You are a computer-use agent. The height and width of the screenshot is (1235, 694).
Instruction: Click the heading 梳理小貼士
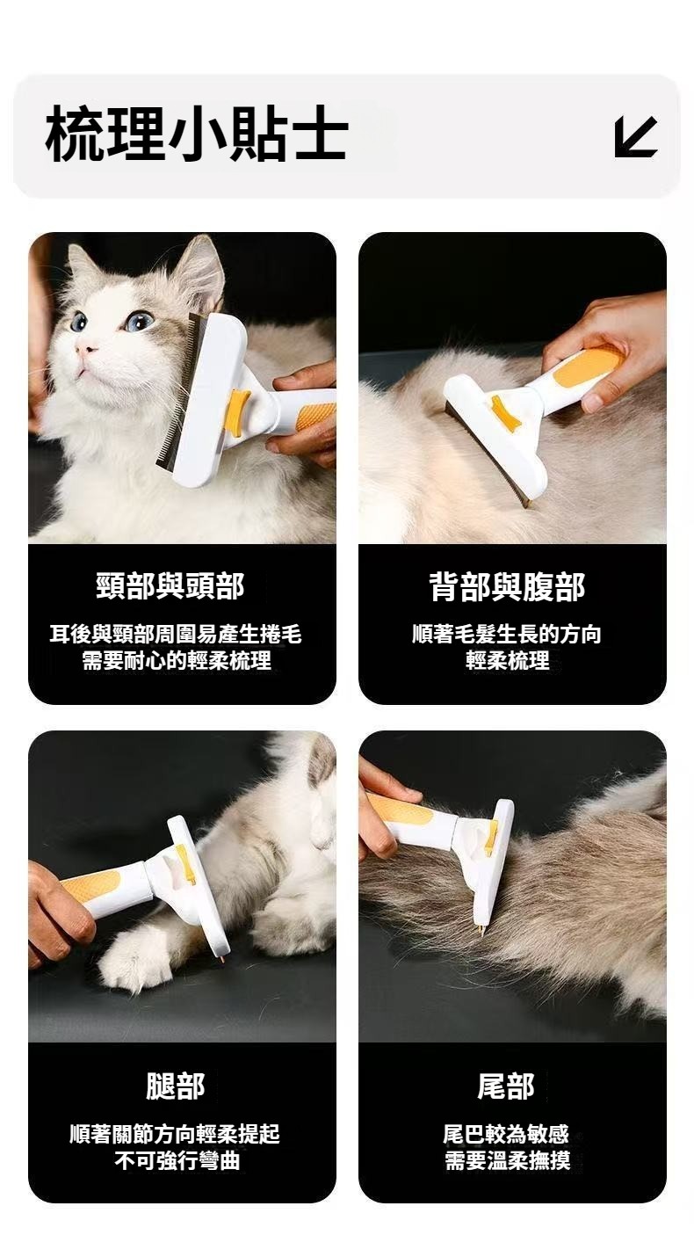pos(197,134)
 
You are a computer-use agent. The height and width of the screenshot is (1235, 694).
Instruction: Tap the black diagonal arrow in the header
pos(636,137)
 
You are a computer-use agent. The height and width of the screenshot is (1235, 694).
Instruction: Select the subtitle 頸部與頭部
pos(170,586)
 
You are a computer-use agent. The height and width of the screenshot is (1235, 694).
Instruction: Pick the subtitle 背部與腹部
pos(507,586)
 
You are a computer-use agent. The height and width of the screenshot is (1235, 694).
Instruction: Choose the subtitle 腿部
pos(175,1086)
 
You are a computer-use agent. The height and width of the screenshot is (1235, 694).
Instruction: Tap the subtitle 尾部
pos(506,1086)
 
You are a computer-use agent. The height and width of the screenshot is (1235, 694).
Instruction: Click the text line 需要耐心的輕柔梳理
pos(177,660)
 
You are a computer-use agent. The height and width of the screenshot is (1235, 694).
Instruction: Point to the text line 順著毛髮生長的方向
pos(507,634)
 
